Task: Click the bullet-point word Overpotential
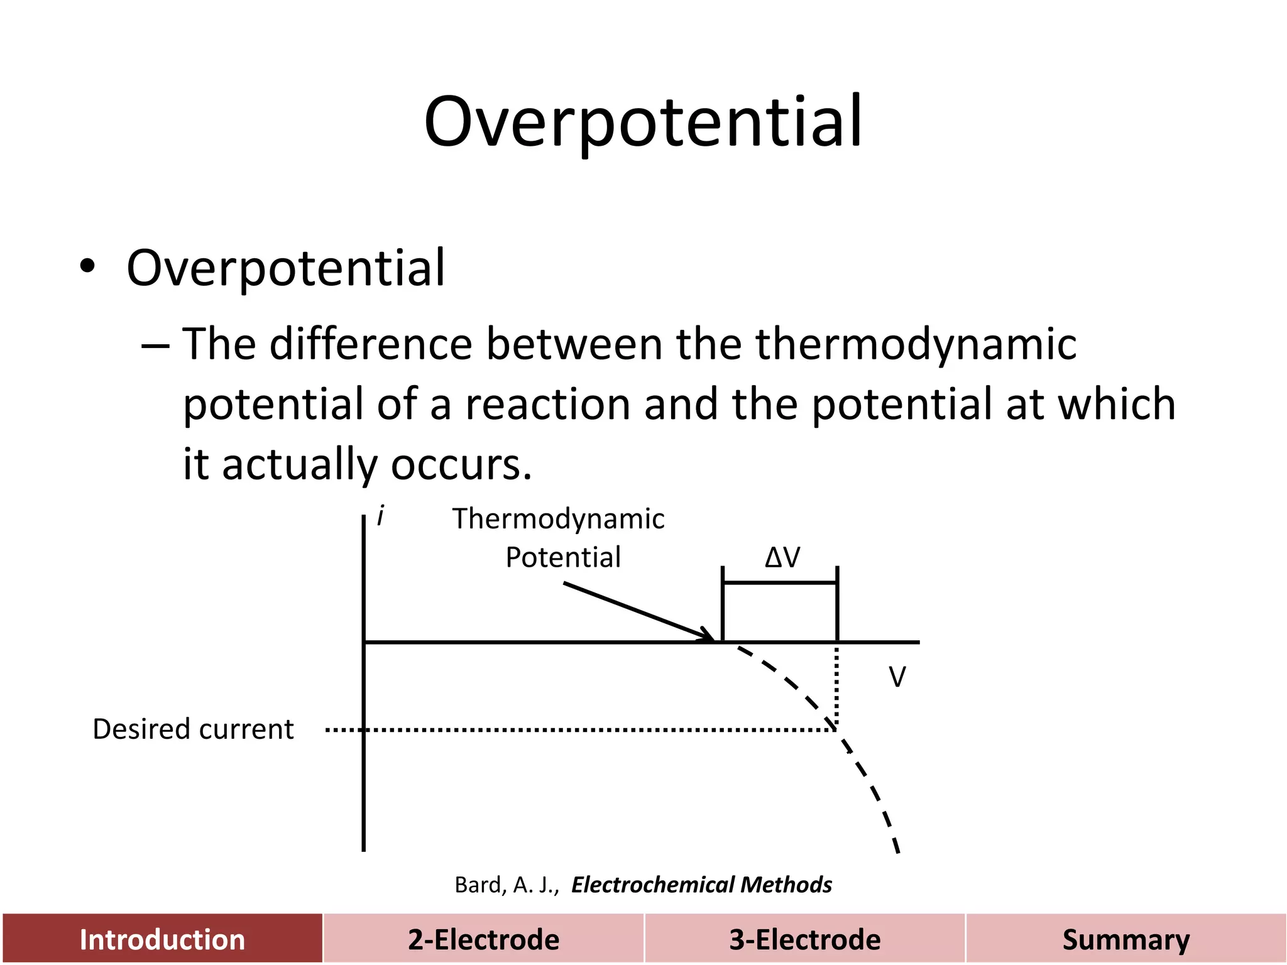coord(286,268)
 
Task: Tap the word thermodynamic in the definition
coord(916,344)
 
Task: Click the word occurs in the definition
coord(461,464)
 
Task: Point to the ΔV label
coord(782,557)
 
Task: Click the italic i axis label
coord(380,516)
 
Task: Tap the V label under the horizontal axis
coord(897,677)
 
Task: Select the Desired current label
coord(193,729)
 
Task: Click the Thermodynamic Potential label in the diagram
coord(558,538)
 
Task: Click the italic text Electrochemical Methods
coord(701,885)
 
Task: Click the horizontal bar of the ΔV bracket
coord(780,583)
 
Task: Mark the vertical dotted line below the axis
coord(836,685)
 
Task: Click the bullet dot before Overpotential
coord(87,267)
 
